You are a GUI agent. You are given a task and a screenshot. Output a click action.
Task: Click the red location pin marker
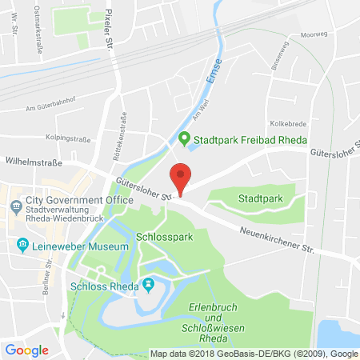click(x=182, y=178)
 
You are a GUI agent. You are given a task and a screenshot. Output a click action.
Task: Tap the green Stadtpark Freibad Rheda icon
click(x=184, y=138)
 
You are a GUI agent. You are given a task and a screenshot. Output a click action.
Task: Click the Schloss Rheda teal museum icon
click(x=147, y=284)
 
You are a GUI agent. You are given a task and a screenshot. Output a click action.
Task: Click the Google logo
click(x=26, y=350)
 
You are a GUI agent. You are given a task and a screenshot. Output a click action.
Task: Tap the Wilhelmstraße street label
click(x=33, y=161)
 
